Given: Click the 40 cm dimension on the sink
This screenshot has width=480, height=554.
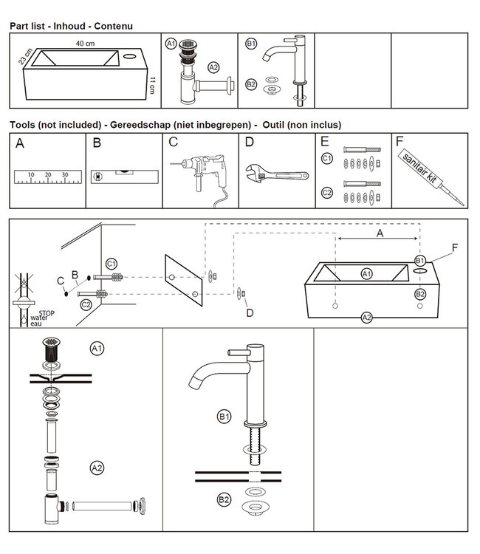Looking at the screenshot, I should pyautogui.click(x=85, y=44).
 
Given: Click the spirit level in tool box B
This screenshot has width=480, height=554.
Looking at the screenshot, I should pyautogui.click(x=123, y=177).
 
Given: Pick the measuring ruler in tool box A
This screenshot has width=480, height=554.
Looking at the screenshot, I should pyautogui.click(x=47, y=177).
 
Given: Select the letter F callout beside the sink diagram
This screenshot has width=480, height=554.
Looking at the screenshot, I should pyautogui.click(x=455, y=246).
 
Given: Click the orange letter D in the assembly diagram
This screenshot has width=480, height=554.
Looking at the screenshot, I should pyautogui.click(x=249, y=313).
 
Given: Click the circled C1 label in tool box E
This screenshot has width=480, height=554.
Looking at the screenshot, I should pyautogui.click(x=327, y=158).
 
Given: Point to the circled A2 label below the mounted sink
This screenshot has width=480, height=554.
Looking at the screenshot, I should pyautogui.click(x=366, y=318).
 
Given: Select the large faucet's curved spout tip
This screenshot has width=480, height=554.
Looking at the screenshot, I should pyautogui.click(x=197, y=384).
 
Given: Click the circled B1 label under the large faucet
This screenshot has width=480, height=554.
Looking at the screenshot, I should pyautogui.click(x=224, y=417).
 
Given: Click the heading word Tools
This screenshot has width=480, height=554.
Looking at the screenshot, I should pyautogui.click(x=24, y=125).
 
